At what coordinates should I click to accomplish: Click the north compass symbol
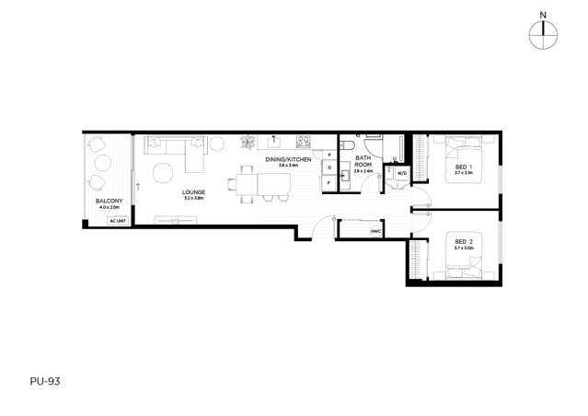544,33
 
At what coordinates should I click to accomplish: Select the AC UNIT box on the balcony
117,221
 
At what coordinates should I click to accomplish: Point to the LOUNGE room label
193,191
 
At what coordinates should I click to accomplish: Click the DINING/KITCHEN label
288,159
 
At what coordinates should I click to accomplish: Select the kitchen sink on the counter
274,143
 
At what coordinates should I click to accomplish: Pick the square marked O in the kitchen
329,168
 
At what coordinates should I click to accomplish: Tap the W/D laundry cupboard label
402,172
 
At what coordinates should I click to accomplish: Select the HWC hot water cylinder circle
376,231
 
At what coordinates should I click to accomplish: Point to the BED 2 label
463,241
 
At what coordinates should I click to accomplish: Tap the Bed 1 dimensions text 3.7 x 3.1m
463,173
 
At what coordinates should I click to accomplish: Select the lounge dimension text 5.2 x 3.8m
193,198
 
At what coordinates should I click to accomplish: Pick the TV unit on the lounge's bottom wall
175,218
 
